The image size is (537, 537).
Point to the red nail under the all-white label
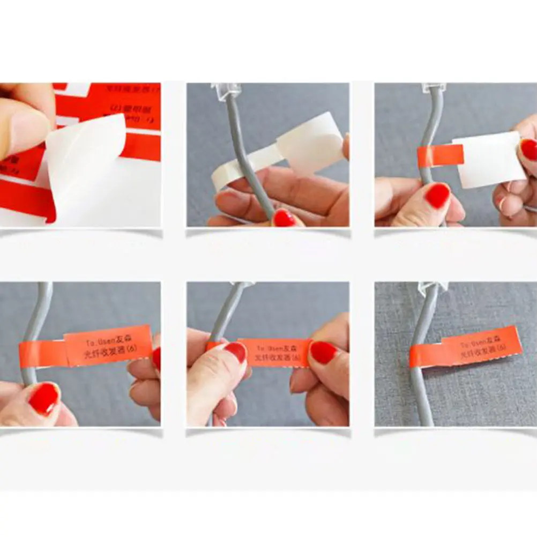[284, 218]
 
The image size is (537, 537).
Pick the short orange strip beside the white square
[439, 155]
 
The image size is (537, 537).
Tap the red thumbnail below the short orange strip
[437, 196]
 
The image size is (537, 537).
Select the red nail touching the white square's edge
[528, 150]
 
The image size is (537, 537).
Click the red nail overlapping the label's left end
[235, 352]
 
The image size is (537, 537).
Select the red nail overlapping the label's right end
[324, 352]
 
